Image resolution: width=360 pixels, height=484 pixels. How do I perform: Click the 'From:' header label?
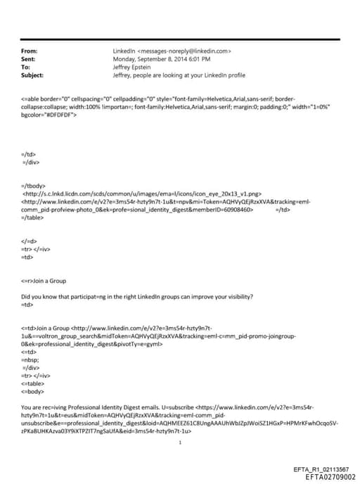pyautogui.click(x=30, y=51)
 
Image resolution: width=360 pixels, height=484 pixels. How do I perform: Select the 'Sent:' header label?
pyautogui.click(x=30, y=59)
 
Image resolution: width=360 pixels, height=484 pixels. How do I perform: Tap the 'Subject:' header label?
pyautogui.click(x=32, y=75)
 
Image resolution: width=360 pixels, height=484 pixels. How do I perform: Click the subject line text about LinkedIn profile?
pyautogui.click(x=179, y=75)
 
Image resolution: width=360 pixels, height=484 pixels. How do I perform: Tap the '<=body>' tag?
pyautogui.click(x=34, y=391)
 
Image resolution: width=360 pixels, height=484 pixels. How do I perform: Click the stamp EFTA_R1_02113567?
pyautogui.click(x=320, y=469)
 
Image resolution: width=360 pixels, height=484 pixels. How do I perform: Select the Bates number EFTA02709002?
pyautogui.click(x=326, y=476)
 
